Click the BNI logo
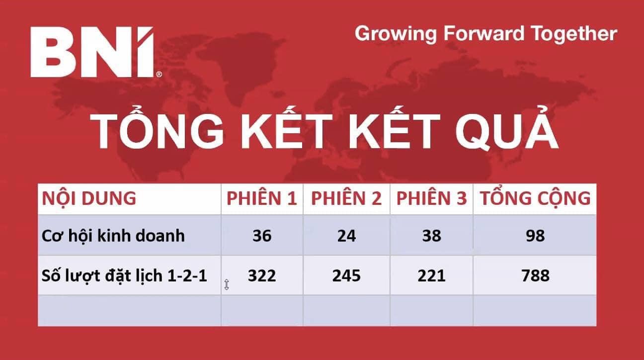click(96, 52)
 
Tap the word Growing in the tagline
click(396, 34)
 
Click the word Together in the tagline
click(574, 34)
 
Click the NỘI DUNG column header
click(89, 198)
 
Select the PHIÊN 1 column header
click(261, 198)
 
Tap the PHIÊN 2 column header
click(346, 198)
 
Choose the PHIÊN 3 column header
click(431, 198)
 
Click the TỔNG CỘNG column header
click(535, 198)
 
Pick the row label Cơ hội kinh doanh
click(113, 236)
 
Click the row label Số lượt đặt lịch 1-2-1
click(124, 276)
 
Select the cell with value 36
click(262, 236)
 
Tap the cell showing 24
click(346, 236)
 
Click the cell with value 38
click(431, 236)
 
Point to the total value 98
click(535, 236)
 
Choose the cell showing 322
click(262, 275)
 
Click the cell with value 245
click(346, 275)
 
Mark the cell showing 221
click(431, 275)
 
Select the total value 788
click(535, 275)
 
